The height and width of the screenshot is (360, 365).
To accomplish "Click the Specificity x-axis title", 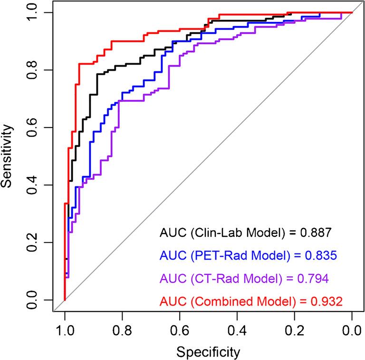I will point(208,352).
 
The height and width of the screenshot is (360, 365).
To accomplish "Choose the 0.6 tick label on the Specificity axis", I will point(179,330).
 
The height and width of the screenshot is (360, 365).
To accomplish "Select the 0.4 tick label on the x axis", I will point(237,330).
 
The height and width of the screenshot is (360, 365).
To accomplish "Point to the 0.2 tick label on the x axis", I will point(294,330).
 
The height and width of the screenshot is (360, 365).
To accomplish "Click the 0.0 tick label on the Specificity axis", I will point(352,330).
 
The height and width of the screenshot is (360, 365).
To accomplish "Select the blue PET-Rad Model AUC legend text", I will point(248,255).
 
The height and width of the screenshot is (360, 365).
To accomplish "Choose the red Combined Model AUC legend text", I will point(250,301).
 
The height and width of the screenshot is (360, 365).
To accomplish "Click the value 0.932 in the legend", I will point(326,301).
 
